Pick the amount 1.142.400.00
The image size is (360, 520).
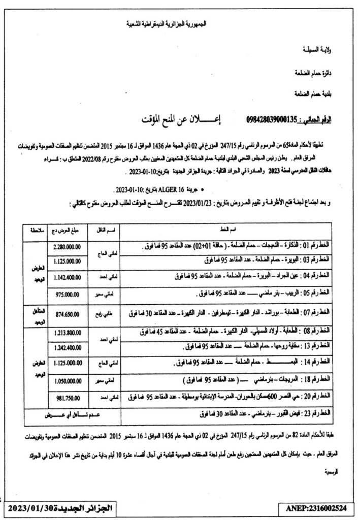67,277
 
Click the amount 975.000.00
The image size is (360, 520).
67,294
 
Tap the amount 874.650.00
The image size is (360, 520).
67,313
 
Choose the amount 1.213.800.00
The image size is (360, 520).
67,333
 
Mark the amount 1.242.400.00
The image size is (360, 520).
67,348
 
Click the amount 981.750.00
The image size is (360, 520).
67,398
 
